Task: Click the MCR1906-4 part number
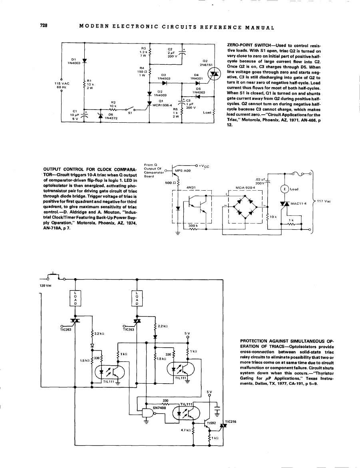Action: [162, 105]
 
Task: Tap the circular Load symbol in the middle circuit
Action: [284, 189]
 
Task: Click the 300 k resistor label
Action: [193, 226]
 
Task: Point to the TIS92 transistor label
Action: [211, 421]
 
